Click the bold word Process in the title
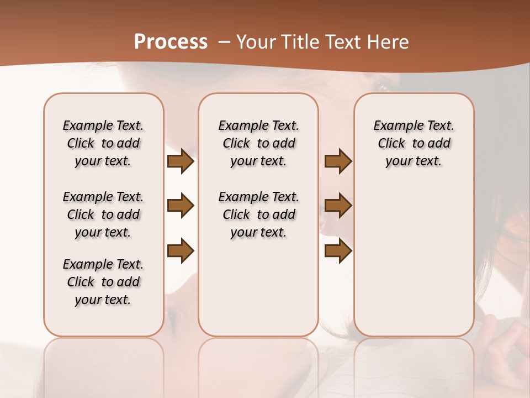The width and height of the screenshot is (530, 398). (171, 42)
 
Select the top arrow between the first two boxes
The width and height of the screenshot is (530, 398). (181, 161)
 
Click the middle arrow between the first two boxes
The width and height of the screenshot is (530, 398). (181, 206)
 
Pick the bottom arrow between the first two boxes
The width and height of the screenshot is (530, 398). (181, 251)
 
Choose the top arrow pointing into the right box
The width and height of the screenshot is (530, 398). (338, 161)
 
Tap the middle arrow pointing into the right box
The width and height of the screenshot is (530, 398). (338, 206)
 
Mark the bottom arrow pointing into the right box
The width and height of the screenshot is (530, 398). (338, 251)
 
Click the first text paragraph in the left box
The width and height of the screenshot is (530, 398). (103, 143)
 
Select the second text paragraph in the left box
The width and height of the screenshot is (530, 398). (103, 214)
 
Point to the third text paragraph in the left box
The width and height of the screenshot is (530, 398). (103, 282)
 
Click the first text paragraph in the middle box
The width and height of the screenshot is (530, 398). (258, 143)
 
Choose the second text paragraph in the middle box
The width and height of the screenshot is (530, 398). (258, 214)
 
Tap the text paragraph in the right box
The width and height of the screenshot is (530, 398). (414, 143)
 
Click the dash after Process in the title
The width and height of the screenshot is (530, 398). (224, 42)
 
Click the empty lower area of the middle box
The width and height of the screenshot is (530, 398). (258, 287)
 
